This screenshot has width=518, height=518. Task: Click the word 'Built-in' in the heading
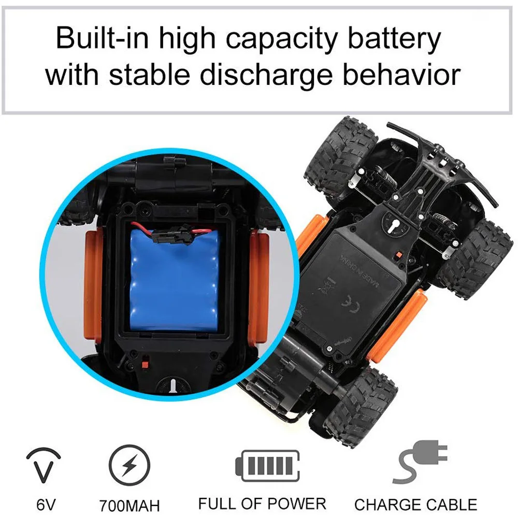(x=103, y=38)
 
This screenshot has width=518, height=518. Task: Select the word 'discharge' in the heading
(x=266, y=76)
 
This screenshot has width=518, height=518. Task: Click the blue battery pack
(x=174, y=281)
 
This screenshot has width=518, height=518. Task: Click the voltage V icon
(x=44, y=465)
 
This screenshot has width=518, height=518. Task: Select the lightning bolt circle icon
(x=129, y=465)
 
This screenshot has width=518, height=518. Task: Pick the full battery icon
(x=268, y=466)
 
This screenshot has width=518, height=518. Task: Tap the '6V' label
(x=46, y=505)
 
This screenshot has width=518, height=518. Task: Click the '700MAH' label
(x=129, y=506)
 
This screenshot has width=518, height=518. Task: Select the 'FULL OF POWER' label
(x=262, y=504)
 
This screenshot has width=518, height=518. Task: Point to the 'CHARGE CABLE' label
(x=415, y=505)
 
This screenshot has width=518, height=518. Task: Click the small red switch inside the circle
(x=145, y=364)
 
